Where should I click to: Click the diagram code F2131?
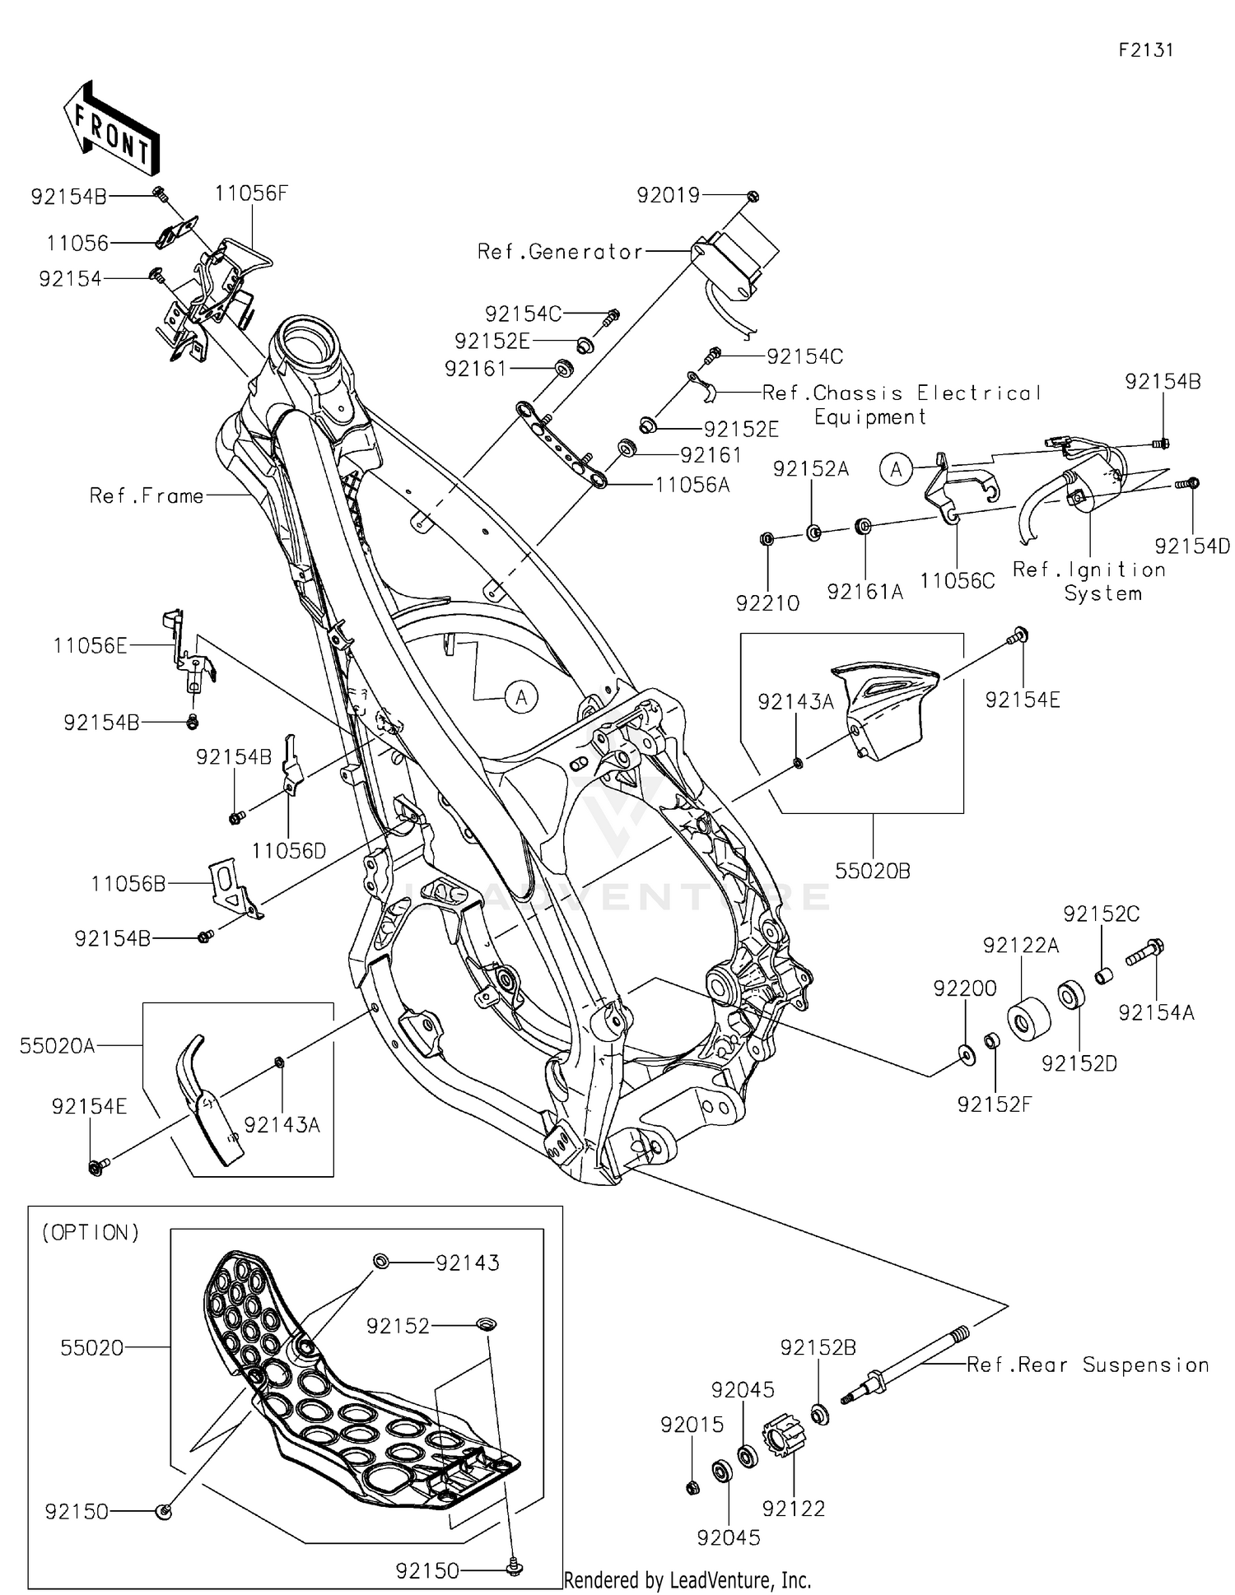point(1145,50)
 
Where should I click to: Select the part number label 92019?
point(668,196)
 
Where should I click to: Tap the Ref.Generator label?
point(560,252)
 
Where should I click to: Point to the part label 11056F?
point(251,193)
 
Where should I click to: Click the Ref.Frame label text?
point(147,495)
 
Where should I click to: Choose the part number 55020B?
point(872,871)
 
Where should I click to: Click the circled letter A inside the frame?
point(520,698)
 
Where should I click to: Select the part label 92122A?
point(1020,946)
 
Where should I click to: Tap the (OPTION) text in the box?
point(91,1232)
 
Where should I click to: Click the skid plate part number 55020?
point(91,1347)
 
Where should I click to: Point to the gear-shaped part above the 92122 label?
point(783,1436)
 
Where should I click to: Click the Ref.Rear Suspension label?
point(1087,1365)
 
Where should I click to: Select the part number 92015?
point(692,1424)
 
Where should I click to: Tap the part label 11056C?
point(957,581)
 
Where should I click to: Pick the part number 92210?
point(767,603)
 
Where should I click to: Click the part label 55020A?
point(57,1045)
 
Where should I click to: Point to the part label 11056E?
point(90,646)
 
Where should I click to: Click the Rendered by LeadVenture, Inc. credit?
point(687,1579)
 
